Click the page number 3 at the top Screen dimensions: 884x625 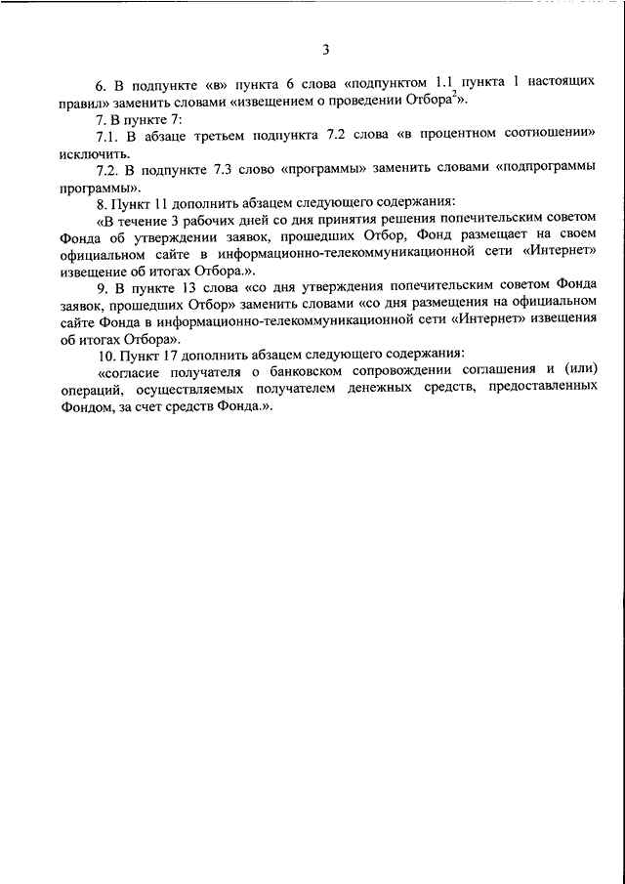click(326, 50)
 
